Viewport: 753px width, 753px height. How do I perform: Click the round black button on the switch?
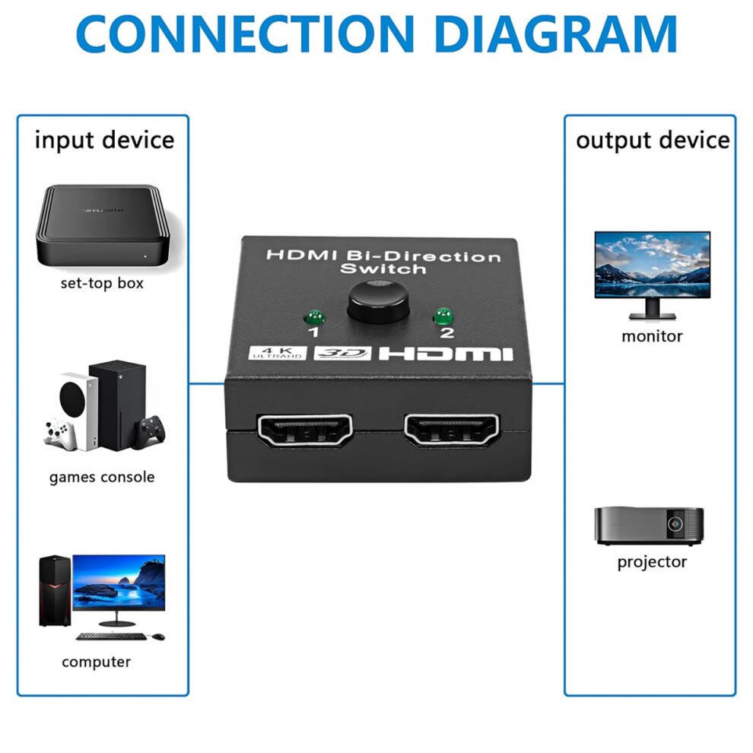click(x=378, y=302)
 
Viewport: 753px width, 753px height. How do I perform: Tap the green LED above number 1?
click(x=315, y=317)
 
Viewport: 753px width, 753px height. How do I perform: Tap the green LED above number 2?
click(x=443, y=316)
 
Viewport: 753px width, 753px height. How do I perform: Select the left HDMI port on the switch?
click(x=305, y=431)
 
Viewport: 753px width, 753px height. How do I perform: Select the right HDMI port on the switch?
click(x=451, y=430)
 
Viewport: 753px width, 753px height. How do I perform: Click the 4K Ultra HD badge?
click(x=278, y=352)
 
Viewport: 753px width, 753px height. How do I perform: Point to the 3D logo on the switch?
click(x=343, y=353)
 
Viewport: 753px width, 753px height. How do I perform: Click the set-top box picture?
click(x=103, y=226)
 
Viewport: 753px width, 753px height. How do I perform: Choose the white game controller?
click(x=61, y=434)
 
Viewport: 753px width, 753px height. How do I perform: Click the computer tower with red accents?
click(x=55, y=591)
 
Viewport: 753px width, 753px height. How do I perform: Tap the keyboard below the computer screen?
click(x=111, y=637)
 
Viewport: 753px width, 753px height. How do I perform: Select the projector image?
click(x=649, y=526)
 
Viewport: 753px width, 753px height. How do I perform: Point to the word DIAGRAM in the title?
click(x=555, y=33)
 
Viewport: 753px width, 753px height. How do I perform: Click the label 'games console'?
click(x=102, y=478)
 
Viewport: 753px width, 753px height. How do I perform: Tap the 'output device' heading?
click(x=653, y=140)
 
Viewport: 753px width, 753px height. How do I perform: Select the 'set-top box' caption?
click(x=102, y=283)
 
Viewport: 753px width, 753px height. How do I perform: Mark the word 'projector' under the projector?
click(x=652, y=562)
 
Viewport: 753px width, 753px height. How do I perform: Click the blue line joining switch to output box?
click(x=548, y=383)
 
